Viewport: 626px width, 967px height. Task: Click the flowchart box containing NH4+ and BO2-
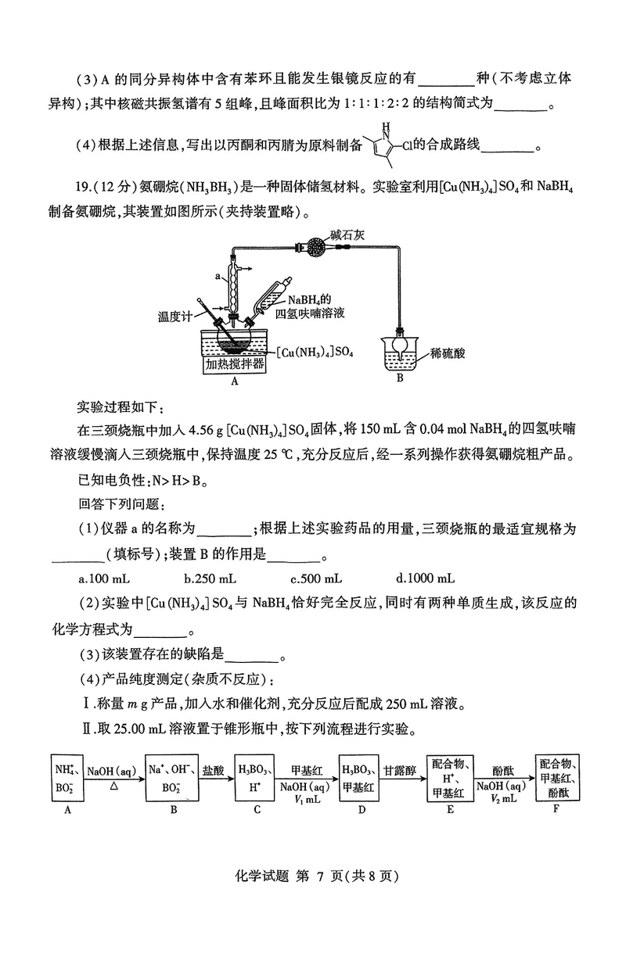67,777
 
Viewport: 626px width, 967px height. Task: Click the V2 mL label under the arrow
505,799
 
